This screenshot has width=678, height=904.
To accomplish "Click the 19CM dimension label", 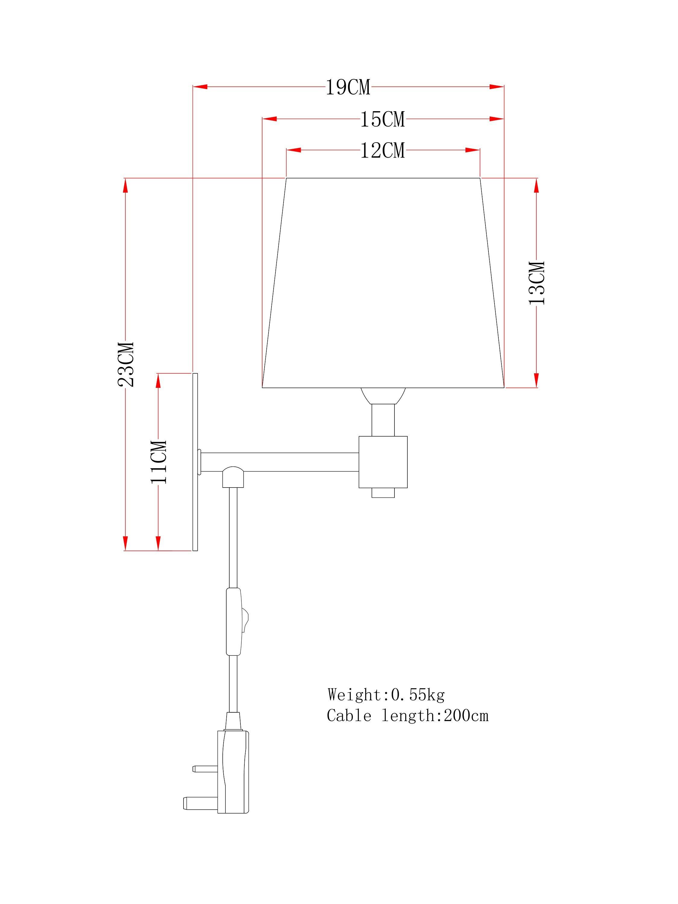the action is (348, 87).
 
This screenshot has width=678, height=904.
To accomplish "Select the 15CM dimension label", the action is (382, 119).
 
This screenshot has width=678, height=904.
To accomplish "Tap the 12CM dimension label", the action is (382, 150).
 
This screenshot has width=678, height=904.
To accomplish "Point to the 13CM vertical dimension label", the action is (537, 283).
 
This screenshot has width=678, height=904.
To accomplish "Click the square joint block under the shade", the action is (383, 462).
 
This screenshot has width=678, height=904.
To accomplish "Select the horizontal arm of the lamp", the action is (280, 462).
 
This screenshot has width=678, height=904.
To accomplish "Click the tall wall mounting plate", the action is (195, 462).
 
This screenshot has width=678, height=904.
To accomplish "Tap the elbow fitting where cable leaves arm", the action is (233, 477).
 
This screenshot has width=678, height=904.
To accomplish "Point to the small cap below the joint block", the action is (383, 493).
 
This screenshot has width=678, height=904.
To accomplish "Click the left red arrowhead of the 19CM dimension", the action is (200, 87).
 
